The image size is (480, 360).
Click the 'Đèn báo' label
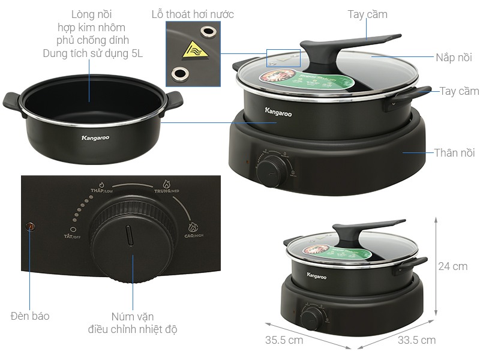pos(30,316)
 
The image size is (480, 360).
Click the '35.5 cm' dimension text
pos(285,340)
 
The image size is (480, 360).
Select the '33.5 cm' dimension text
pos(416,340)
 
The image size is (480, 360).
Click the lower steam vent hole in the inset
pos(178,74)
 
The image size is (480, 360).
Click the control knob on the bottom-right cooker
pos(310,317)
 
